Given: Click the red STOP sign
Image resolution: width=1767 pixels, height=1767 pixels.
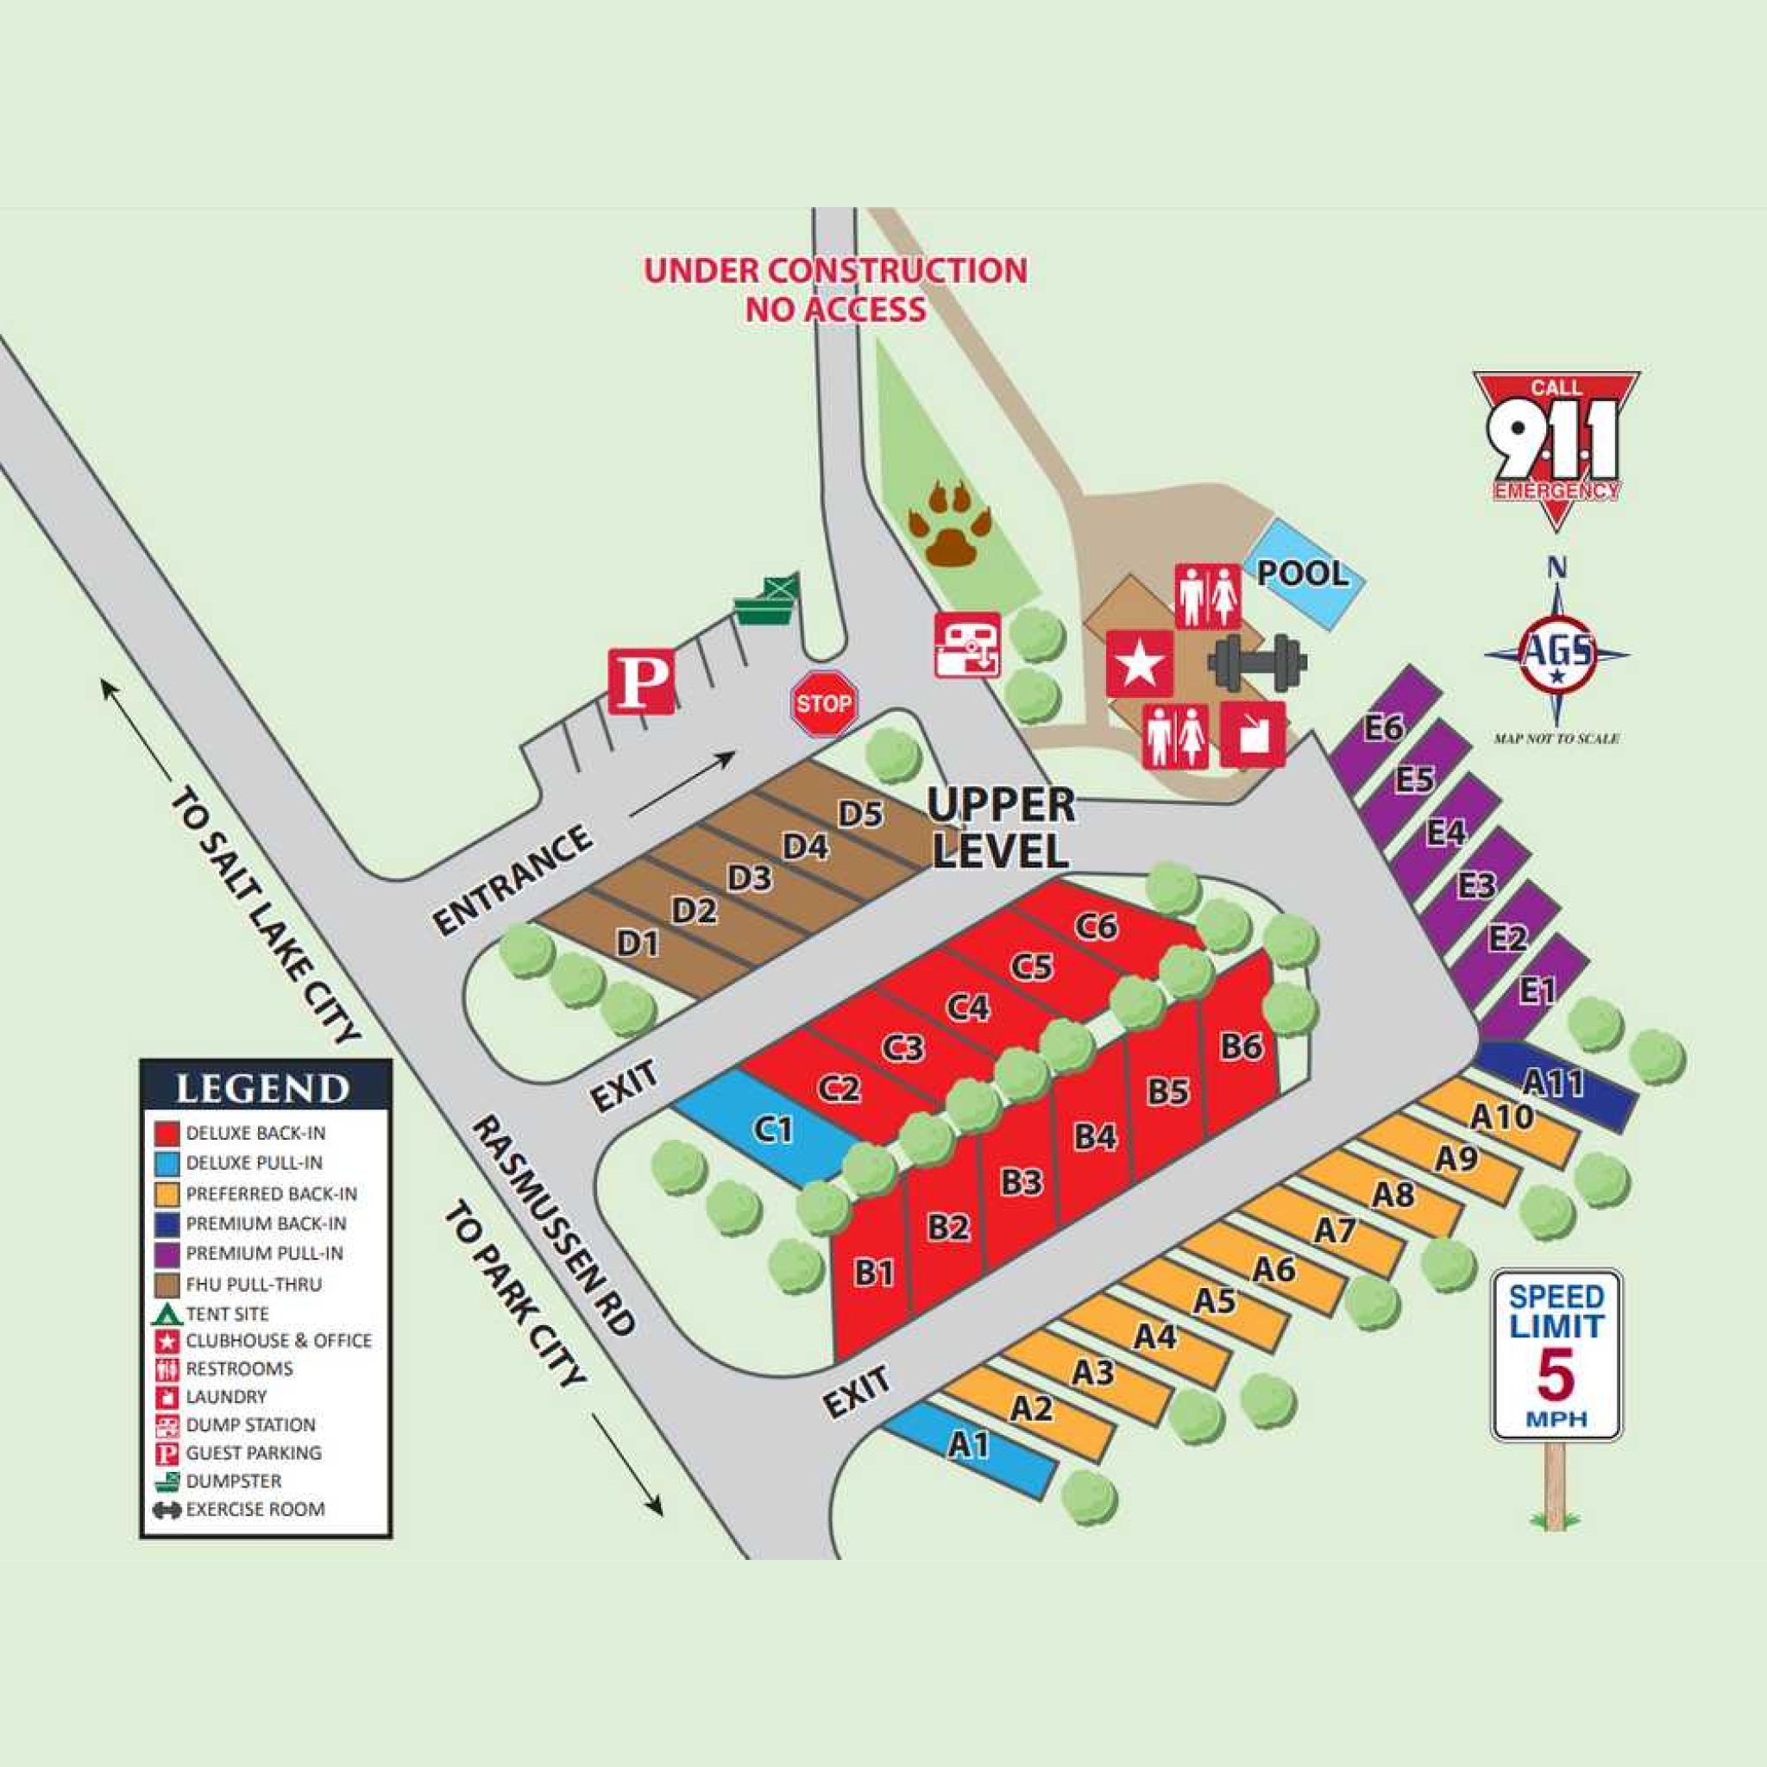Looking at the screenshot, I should coord(823,703).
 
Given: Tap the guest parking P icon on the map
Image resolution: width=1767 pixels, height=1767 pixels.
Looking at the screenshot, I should coord(642,682).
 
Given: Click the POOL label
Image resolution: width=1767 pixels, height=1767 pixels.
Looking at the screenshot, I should coord(1302,574).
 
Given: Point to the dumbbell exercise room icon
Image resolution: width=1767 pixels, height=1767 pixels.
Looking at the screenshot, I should coord(1258,662).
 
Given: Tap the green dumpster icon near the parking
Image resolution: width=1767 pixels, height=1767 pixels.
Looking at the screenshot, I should coord(767,601).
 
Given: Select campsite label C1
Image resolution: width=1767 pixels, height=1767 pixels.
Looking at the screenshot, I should coord(774,1130).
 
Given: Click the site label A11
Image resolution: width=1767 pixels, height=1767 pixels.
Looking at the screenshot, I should coord(1553,1084).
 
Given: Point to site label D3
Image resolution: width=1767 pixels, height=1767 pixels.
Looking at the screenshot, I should coord(750,878).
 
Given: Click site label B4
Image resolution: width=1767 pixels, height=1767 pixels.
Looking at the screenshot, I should coord(1095,1136).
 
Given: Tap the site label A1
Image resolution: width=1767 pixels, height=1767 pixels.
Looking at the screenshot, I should coord(968,1445).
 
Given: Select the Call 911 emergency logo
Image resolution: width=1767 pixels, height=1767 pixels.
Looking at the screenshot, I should coord(1556,446).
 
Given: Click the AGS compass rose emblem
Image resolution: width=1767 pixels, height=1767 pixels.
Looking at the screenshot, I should coord(1556,653).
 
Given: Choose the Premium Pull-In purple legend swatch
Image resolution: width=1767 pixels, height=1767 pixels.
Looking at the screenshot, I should coord(167,1253).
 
